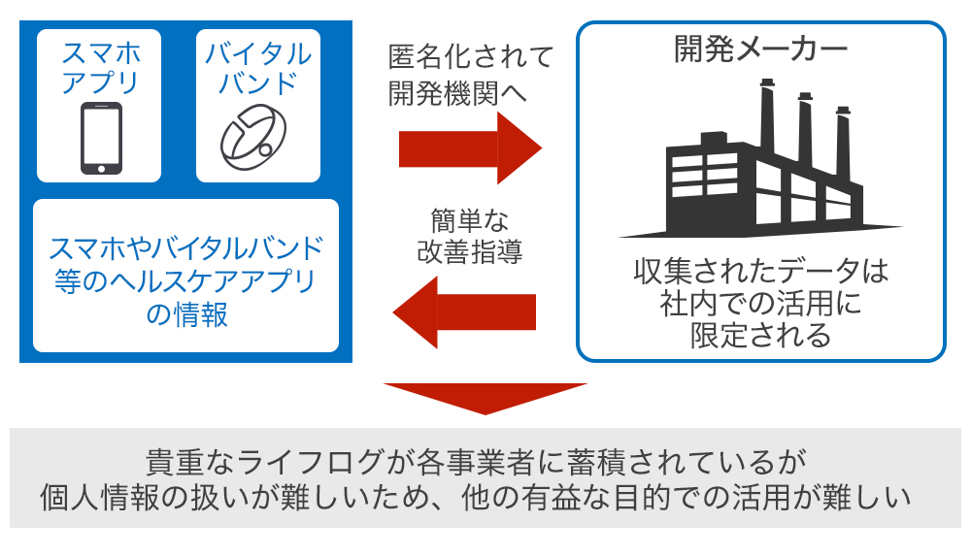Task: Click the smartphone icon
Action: [x=101, y=138]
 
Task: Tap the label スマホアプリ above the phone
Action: [x=101, y=67]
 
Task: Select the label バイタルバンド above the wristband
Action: [x=257, y=67]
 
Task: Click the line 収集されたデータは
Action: [x=760, y=269]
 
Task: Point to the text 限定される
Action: [x=760, y=336]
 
